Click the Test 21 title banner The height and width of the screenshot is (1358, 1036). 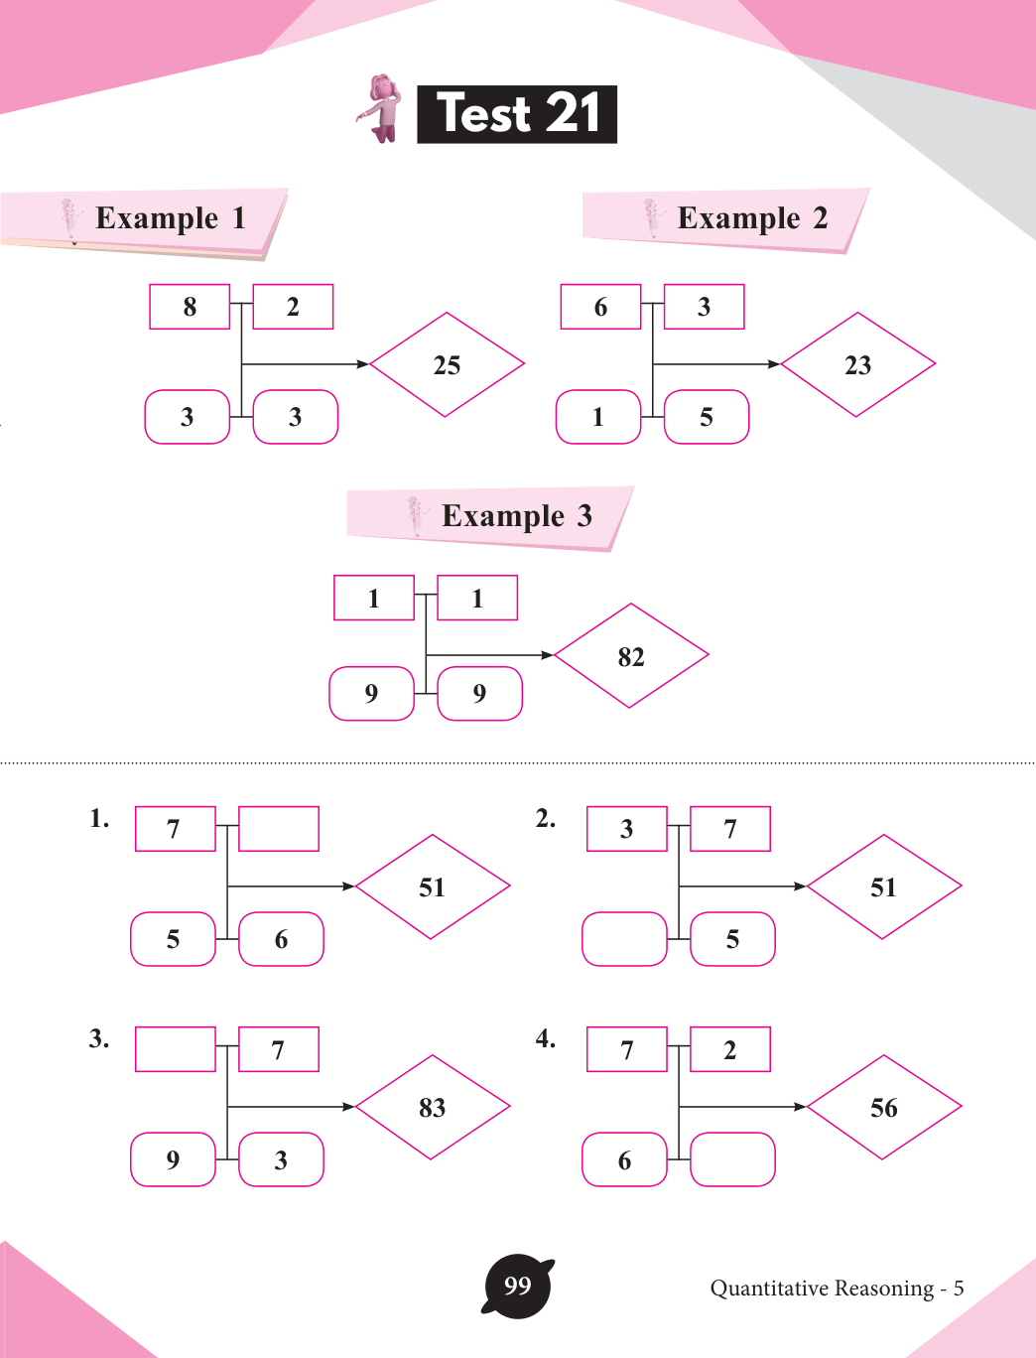click(517, 114)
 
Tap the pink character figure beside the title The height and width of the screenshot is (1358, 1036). click(382, 108)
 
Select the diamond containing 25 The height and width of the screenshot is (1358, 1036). click(447, 364)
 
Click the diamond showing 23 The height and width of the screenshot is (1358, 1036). click(857, 364)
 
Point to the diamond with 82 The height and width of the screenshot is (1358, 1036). click(631, 656)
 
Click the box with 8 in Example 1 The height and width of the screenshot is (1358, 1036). click(190, 307)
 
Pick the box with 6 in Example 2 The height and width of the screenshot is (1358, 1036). click(600, 307)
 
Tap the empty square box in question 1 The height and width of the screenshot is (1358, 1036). click(279, 829)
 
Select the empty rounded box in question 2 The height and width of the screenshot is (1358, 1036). click(624, 939)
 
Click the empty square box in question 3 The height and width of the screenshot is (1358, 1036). click(175, 1049)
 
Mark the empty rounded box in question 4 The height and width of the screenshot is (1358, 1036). click(732, 1159)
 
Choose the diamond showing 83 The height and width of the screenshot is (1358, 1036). click(433, 1107)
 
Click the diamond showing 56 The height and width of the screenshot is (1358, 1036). click(884, 1107)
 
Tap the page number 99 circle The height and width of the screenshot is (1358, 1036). click(517, 1288)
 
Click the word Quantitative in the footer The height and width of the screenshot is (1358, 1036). click(769, 1289)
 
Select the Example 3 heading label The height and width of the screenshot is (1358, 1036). click(516, 516)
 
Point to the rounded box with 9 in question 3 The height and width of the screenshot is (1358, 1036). click(173, 1159)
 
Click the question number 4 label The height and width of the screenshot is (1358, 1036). click(545, 1038)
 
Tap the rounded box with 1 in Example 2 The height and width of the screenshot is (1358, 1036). click(598, 417)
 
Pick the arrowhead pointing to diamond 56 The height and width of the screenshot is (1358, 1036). click(801, 1107)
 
